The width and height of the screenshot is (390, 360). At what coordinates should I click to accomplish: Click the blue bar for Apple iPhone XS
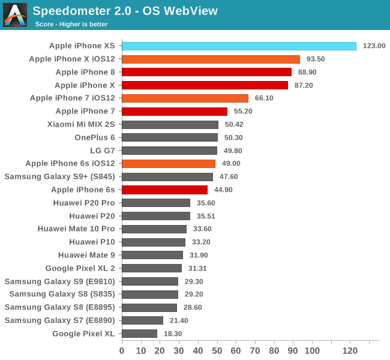click(x=239, y=46)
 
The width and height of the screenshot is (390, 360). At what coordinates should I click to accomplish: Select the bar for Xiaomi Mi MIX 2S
click(x=170, y=124)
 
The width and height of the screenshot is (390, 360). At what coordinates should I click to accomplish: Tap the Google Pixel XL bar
click(x=139, y=334)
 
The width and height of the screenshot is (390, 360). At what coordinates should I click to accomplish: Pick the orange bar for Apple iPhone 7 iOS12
click(x=185, y=98)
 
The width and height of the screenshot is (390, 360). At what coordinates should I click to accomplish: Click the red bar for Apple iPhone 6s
click(x=164, y=190)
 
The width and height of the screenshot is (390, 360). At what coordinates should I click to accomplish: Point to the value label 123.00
click(x=373, y=46)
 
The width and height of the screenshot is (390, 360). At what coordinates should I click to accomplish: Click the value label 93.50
click(x=317, y=59)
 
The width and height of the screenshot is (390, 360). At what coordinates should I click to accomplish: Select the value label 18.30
click(x=174, y=334)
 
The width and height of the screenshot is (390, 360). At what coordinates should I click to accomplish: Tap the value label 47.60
click(x=230, y=177)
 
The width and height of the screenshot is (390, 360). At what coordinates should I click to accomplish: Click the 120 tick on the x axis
click(x=350, y=350)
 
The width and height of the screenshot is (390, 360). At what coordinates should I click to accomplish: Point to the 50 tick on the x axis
click(x=217, y=350)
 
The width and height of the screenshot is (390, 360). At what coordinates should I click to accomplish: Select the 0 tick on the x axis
click(x=122, y=350)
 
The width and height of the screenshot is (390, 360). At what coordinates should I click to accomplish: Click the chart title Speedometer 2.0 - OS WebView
click(x=125, y=11)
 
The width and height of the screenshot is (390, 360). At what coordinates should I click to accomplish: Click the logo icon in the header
click(x=15, y=15)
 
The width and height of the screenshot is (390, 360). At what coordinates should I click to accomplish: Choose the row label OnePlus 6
click(x=95, y=137)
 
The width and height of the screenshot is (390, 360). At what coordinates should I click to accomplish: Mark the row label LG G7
click(x=103, y=151)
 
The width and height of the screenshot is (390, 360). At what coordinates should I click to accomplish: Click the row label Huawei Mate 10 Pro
click(x=76, y=229)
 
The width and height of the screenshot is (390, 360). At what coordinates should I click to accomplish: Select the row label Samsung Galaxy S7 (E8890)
click(x=59, y=320)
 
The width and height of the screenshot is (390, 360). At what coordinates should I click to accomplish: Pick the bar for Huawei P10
click(x=154, y=242)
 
